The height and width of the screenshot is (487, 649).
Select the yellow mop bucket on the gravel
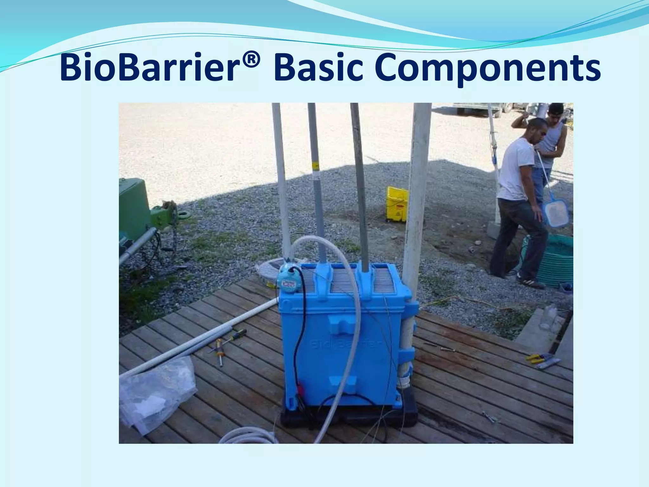point(397,205)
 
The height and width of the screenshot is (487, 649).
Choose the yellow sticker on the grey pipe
point(316,165)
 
